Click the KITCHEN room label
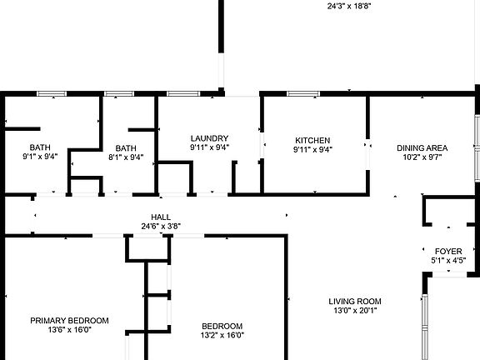coord(312,141)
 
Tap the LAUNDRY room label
coord(209,138)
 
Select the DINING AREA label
coord(422,148)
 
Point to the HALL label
coord(161,217)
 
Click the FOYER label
coord(448,252)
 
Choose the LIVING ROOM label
coord(355,302)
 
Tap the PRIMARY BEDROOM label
coord(69,321)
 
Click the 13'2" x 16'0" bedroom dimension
coord(222,335)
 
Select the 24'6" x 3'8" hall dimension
coord(161,226)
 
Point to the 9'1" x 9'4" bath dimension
coord(40,157)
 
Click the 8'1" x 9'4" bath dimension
coord(126,157)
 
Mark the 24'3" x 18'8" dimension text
coord(349,6)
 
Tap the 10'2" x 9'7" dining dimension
coord(422,157)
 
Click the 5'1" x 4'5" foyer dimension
coord(448,261)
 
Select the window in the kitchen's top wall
coord(303,93)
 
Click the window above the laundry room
coord(183,93)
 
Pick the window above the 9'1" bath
coord(52,93)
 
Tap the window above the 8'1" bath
coord(119,93)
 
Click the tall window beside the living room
coord(425,327)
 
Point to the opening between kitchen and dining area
coord(367,154)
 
